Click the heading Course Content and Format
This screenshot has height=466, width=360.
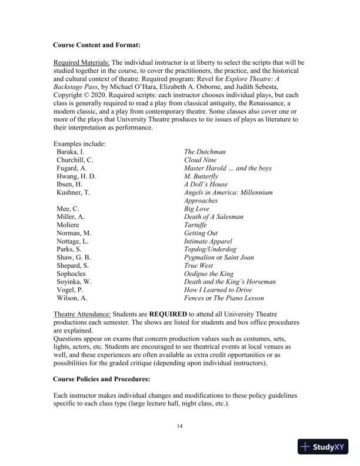pyautogui.click(x=96, y=45)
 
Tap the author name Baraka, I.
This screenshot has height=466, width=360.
pyautogui.click(x=71, y=151)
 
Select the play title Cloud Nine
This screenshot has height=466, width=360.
pyautogui.click(x=200, y=159)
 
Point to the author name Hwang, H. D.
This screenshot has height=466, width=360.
pyautogui.click(x=76, y=176)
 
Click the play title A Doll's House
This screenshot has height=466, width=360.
pyautogui.click(x=205, y=184)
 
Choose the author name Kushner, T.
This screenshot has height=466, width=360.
pyautogui.click(x=73, y=192)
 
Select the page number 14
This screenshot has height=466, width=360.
pyautogui.click(x=180, y=426)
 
